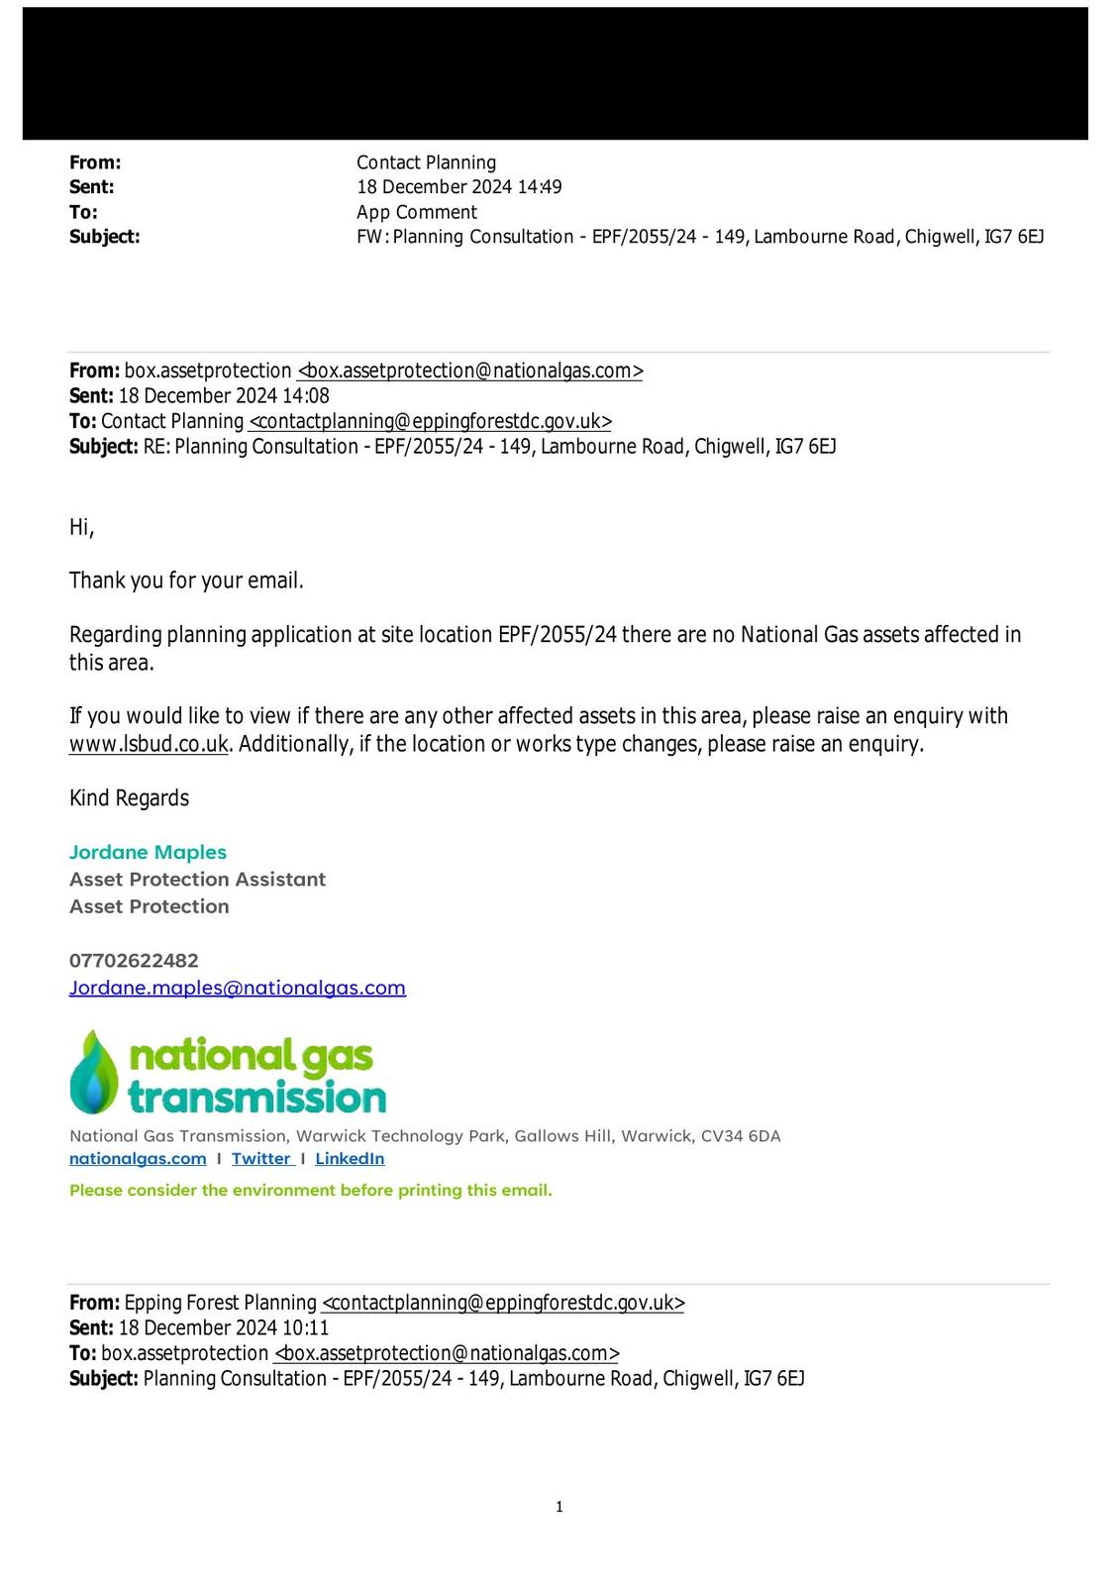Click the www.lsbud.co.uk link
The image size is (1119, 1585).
[x=149, y=744]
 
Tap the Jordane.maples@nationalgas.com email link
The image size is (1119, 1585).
[x=238, y=988]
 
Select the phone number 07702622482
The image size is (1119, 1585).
[x=134, y=960]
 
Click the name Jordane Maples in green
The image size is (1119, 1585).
[x=148, y=852]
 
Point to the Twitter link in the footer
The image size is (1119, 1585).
[x=261, y=1158]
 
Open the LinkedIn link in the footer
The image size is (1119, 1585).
[x=350, y=1158]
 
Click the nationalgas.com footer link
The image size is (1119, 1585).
[x=138, y=1158]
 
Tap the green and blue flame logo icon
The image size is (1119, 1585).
[x=94, y=1072]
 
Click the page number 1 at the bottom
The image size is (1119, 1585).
[x=559, y=1507]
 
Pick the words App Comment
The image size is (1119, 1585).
[x=416, y=212]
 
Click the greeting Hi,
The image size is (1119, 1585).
[x=81, y=527]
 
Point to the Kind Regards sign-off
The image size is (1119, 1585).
[x=129, y=797]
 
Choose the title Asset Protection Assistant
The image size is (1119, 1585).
[x=197, y=879]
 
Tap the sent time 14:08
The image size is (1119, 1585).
[x=306, y=395]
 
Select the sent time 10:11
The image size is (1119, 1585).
[x=306, y=1327]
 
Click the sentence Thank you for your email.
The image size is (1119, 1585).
[x=186, y=581]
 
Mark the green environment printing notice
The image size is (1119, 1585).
[x=310, y=1190]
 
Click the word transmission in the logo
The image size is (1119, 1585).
[x=257, y=1098]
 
